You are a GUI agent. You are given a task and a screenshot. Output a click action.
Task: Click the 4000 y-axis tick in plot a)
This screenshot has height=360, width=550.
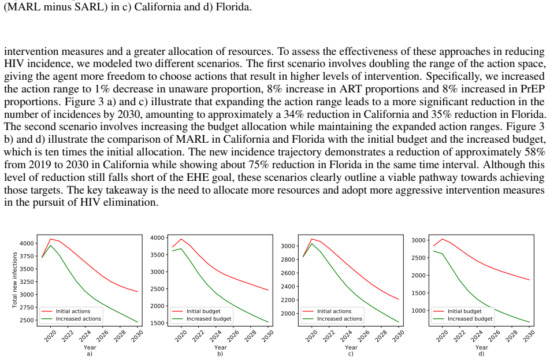point(27,243)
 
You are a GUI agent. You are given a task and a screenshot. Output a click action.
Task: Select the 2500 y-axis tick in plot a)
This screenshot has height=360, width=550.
point(27,320)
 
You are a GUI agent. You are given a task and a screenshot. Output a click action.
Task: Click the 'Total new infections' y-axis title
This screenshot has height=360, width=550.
point(15,280)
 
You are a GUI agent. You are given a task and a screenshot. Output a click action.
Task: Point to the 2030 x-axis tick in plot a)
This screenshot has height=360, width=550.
point(137,336)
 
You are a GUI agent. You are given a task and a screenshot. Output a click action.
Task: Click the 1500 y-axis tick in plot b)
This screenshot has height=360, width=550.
point(158,323)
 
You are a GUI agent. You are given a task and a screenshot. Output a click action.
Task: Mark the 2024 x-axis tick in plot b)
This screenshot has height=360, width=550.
point(215,336)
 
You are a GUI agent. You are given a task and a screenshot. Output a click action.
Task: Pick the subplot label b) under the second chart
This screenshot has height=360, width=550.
point(220,354)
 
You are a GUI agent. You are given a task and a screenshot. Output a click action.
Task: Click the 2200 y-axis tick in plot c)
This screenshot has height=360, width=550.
point(288,300)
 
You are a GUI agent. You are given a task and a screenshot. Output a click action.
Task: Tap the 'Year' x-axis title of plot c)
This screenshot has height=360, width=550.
point(351,347)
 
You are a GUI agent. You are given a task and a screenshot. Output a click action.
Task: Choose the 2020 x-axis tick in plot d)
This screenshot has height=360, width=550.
point(442,336)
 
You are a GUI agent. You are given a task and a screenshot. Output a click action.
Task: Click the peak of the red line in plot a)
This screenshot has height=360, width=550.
point(50,239)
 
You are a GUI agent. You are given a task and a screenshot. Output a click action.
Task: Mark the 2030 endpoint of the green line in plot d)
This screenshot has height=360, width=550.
point(529,322)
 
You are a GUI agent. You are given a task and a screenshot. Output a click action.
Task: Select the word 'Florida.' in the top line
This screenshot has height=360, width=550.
point(233,7)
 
